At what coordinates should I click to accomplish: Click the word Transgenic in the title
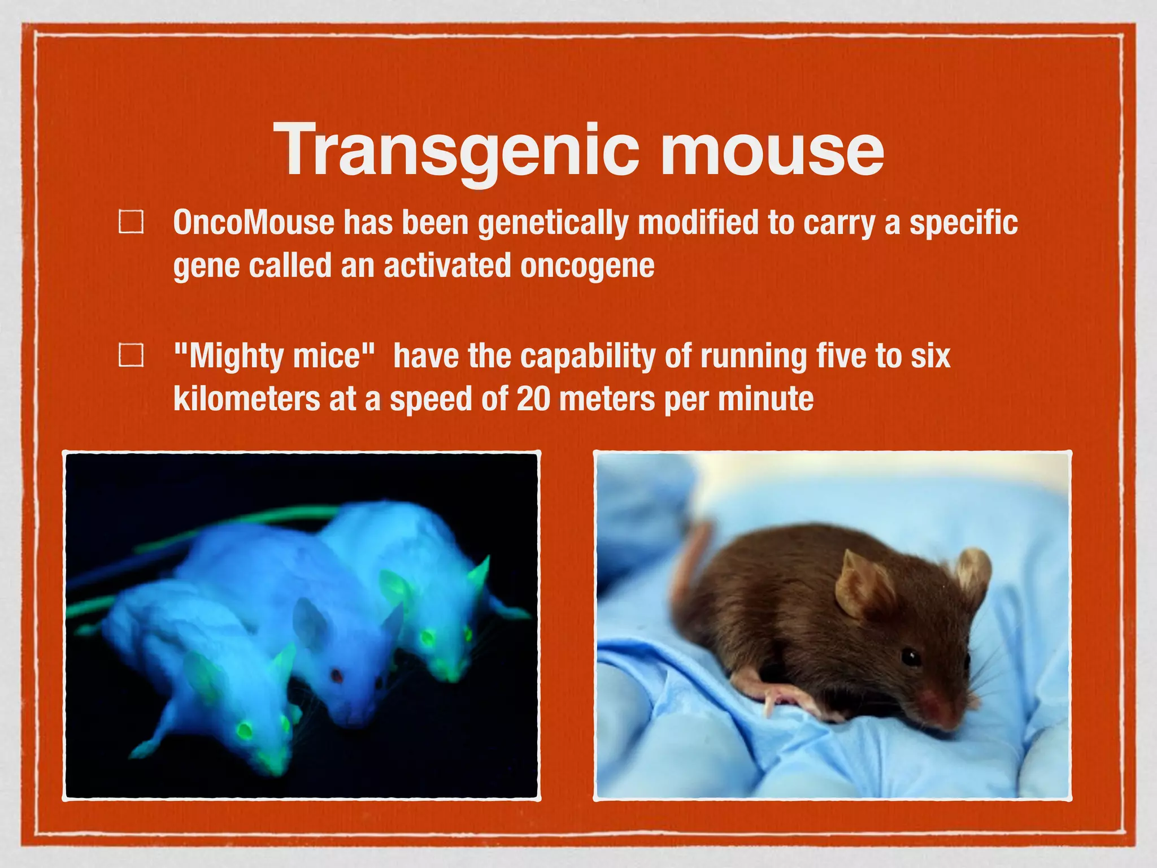pos(456,150)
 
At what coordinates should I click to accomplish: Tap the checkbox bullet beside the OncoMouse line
pos(131,222)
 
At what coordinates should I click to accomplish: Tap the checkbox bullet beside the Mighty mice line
pos(131,355)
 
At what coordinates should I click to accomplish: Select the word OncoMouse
pos(254,223)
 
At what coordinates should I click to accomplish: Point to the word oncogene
pos(587,266)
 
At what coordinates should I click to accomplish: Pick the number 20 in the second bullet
pos(533,399)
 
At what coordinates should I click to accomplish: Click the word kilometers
pos(246,399)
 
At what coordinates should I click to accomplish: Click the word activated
pos(447,266)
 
